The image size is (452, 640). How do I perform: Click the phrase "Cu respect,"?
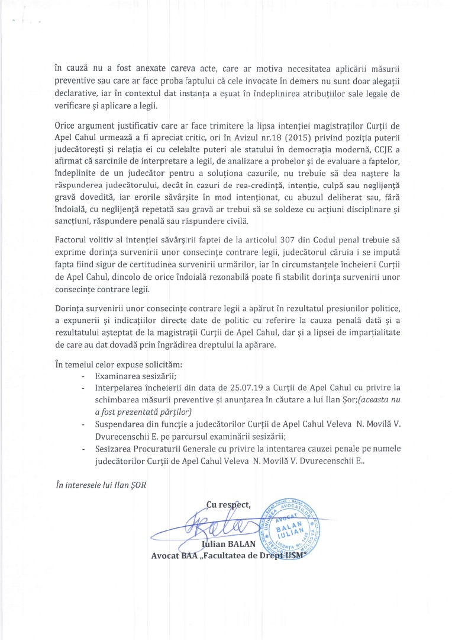(228, 504)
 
